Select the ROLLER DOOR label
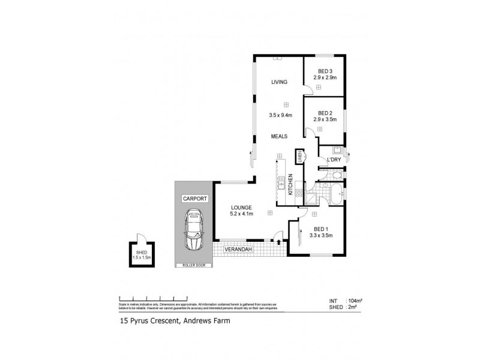coord(194,265)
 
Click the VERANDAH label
coord(238,249)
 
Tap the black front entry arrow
coord(279,241)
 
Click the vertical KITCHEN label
coord(290,184)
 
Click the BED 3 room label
coord(325,71)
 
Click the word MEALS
coord(277,136)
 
